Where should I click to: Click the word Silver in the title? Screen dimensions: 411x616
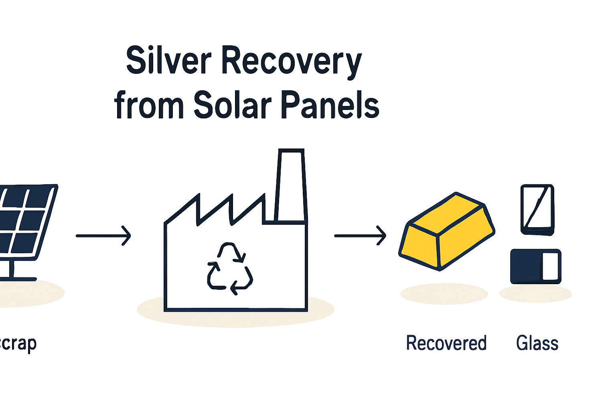tap(168, 61)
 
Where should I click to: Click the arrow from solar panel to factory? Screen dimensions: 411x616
tap(103, 236)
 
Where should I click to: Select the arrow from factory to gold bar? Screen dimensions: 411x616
tap(360, 236)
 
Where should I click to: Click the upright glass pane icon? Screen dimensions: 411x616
tap(537, 210)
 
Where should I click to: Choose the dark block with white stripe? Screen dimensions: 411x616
tap(535, 267)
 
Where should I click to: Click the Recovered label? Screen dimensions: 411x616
tap(446, 343)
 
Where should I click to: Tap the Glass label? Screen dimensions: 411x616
tap(537, 343)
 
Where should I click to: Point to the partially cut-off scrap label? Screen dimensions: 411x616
tap(18, 343)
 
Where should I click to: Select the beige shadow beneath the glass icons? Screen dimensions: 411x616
tap(535, 294)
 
